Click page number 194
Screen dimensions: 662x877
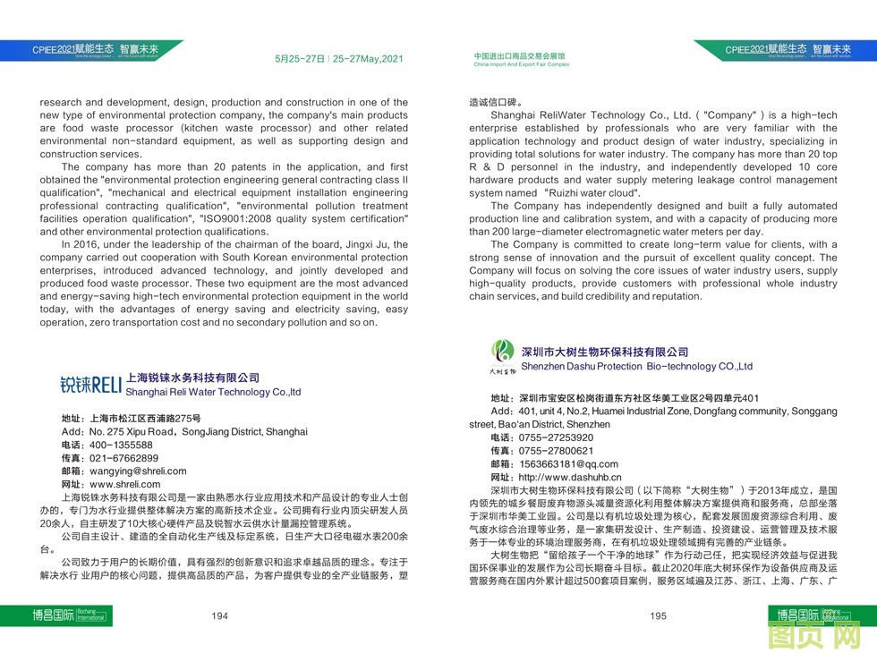click(x=219, y=615)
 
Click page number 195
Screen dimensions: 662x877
click(x=658, y=615)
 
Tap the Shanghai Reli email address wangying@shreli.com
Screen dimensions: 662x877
click(x=137, y=471)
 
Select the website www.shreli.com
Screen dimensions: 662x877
click(x=125, y=484)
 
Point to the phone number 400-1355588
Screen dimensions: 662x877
click(x=121, y=445)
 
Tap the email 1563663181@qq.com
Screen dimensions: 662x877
click(x=568, y=464)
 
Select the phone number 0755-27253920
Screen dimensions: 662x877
click(x=556, y=437)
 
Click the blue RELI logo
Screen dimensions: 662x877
click(x=90, y=386)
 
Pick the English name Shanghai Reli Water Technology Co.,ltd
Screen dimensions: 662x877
click(x=213, y=392)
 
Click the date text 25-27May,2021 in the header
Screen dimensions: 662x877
click(x=368, y=59)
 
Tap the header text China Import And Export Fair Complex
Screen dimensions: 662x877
click(x=521, y=65)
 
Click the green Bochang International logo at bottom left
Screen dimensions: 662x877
click(x=55, y=615)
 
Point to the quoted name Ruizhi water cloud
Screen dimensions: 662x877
click(x=583, y=192)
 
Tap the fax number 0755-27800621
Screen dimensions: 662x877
click(x=556, y=451)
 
